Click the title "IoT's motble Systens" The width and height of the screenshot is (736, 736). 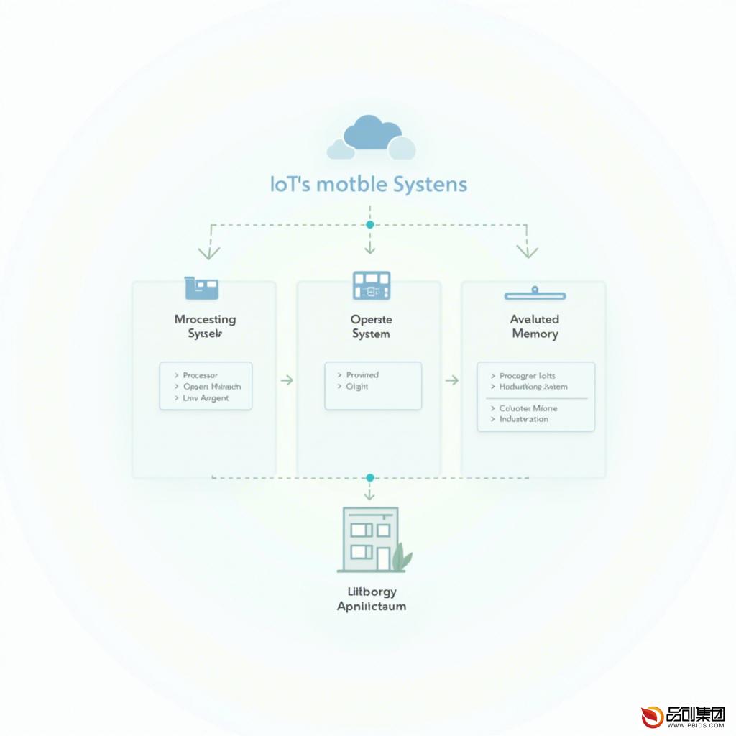click(369, 184)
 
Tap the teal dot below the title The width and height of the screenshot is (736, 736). click(370, 225)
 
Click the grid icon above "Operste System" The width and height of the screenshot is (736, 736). click(371, 285)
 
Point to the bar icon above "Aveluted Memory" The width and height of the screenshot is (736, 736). click(535, 294)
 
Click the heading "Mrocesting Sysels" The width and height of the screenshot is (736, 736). click(205, 326)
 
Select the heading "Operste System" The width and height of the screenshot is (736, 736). click(371, 326)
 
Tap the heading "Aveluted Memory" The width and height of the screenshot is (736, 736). click(534, 326)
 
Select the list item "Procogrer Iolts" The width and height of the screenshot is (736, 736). click(527, 376)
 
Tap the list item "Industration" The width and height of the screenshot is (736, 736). click(523, 419)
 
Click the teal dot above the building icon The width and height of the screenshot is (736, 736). click(370, 477)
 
